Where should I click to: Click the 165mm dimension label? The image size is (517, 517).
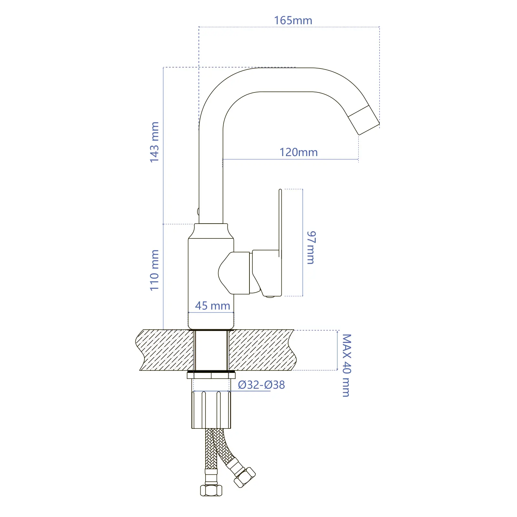(293, 20)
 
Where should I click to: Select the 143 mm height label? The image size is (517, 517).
(154, 142)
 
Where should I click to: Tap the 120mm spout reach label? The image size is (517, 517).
(299, 152)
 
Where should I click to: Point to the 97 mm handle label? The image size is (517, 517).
(311, 248)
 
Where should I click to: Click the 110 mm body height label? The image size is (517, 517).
(154, 270)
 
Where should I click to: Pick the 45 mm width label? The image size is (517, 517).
(213, 306)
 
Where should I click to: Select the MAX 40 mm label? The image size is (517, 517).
(346, 365)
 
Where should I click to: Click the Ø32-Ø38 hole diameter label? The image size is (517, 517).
(261, 385)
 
